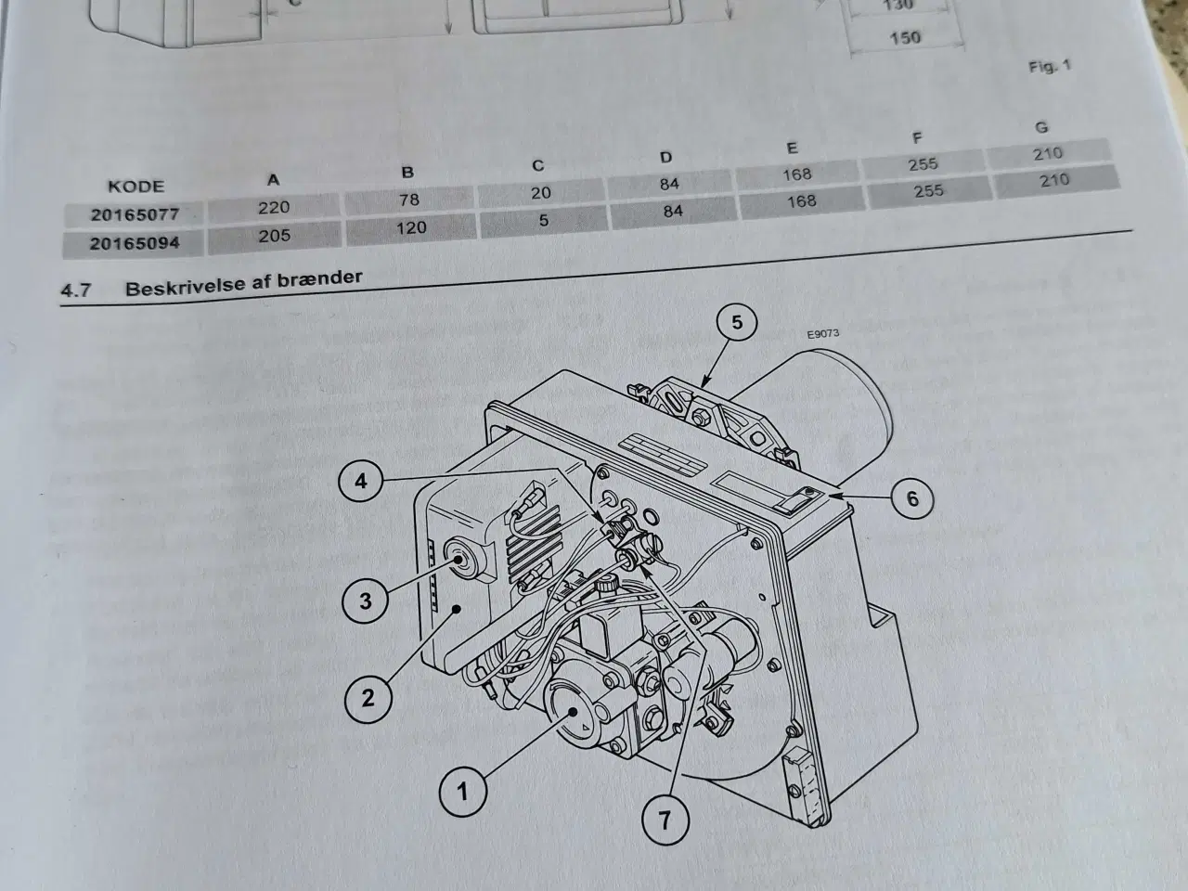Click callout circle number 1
pos(462,791)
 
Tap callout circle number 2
pos(368,696)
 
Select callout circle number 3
pos(365,600)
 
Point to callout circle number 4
pos(361,482)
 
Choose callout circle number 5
pos(737,322)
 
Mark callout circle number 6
pos(911,499)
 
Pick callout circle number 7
pos(665,820)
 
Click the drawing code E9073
pos(822,333)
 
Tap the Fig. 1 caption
pos(1050,66)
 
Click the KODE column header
pos(136,185)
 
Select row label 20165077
pos(135,214)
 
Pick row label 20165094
pos(135,243)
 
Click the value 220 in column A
pos(274,207)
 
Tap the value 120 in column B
pos(411,227)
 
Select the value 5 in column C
pos(544,221)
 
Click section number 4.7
pos(76,291)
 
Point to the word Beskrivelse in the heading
pos(178,286)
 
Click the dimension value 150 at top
pos(905,37)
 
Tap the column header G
pos(1044,127)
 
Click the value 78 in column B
pos(408,200)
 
